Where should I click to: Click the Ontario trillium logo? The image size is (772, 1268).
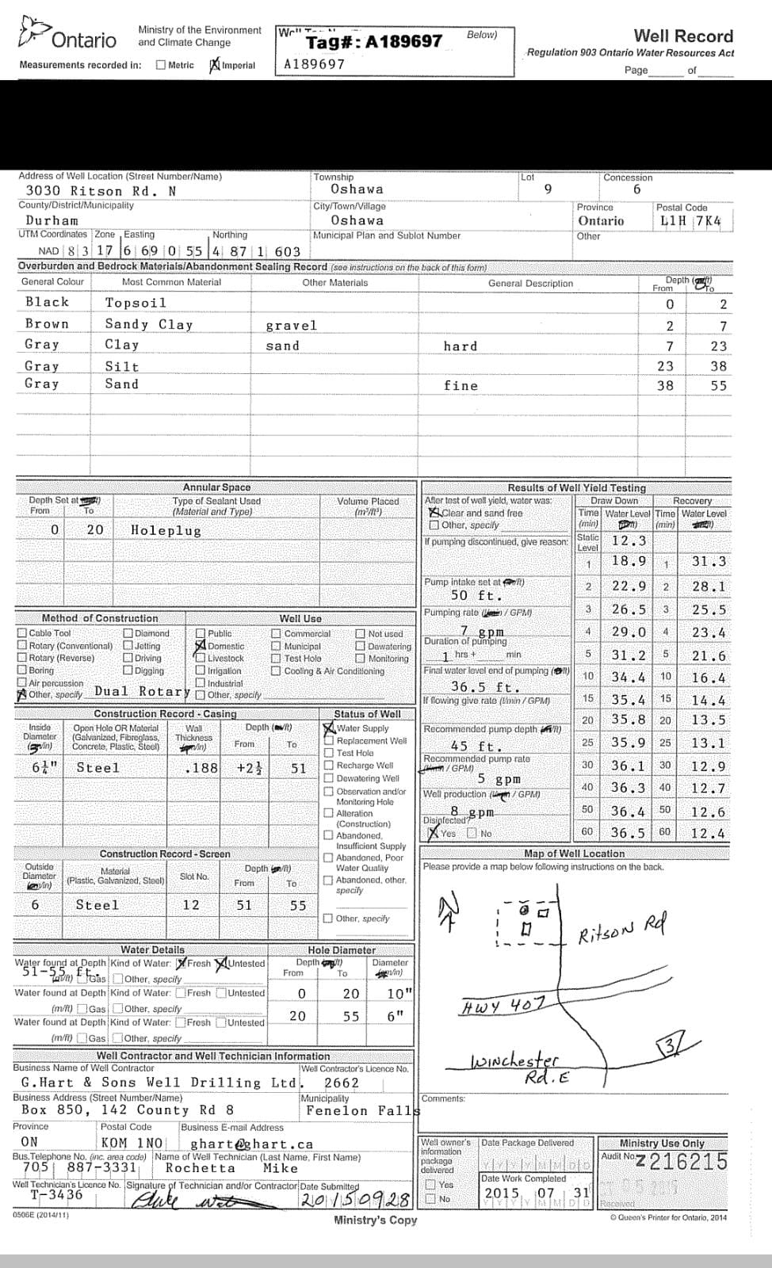[32, 32]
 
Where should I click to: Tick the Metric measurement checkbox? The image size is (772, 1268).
[161, 65]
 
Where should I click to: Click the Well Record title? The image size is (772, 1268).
[683, 36]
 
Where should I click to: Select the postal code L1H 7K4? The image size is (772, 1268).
[690, 221]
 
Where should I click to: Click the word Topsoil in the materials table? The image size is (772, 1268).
[136, 303]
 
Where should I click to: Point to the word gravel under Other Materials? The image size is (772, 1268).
[291, 326]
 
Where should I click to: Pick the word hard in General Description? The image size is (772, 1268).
[461, 346]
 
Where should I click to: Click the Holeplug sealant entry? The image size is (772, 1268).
[166, 530]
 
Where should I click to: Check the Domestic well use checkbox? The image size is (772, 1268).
[201, 646]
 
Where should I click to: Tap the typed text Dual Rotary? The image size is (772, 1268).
[142, 691]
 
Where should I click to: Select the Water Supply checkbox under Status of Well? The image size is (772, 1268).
[329, 728]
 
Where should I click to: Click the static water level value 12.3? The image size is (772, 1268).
[629, 540]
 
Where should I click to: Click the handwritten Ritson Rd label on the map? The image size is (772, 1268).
[622, 926]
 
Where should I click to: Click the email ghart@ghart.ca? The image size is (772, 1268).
[251, 1144]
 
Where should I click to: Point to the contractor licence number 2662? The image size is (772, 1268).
[342, 1083]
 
